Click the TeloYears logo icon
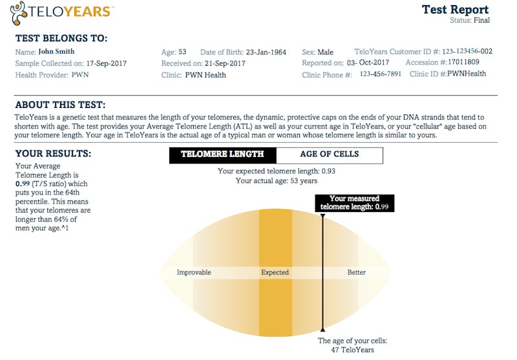tap(19, 13)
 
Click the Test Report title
tap(455, 9)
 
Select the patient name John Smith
tap(56, 52)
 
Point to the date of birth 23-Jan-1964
tap(266, 52)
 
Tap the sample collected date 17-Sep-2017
tap(107, 63)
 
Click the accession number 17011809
tap(463, 62)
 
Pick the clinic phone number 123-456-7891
tap(380, 74)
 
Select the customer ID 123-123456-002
tap(467, 51)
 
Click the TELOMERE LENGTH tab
tap(222, 155)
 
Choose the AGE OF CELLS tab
tap(330, 155)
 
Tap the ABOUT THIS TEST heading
tap(60, 105)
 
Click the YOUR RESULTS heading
tap(53, 154)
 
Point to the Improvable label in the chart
tap(194, 272)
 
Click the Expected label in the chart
tap(275, 272)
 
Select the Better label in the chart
tap(357, 272)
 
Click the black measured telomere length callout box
tap(354, 203)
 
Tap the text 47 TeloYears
tap(352, 350)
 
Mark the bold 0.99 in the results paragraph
tap(23, 184)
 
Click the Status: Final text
tap(470, 21)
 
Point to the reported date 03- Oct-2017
tap(368, 63)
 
